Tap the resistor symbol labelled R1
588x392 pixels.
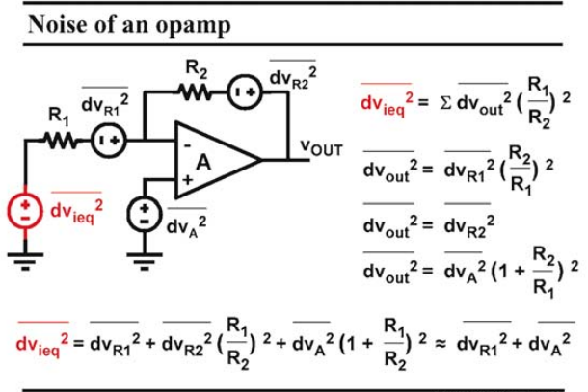coord(61,141)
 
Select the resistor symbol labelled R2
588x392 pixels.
coord(195,92)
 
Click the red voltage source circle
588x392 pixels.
coord(25,211)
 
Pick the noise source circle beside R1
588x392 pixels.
coord(109,141)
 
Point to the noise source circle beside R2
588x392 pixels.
coord(245,92)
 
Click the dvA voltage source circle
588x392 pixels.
coord(145,215)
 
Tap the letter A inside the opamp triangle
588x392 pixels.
coord(203,162)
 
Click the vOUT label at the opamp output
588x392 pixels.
coord(322,147)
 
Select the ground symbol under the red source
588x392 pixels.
coord(25,261)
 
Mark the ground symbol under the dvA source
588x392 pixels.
coord(145,261)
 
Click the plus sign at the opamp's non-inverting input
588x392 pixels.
coord(188,180)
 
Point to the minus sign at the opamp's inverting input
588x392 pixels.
coord(188,145)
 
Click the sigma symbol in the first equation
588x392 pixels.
coord(445,103)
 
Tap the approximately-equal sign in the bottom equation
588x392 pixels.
coord(441,343)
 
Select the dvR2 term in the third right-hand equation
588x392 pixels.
coord(469,223)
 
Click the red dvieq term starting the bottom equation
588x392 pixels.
coord(42,340)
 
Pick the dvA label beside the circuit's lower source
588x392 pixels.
coord(186,223)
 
